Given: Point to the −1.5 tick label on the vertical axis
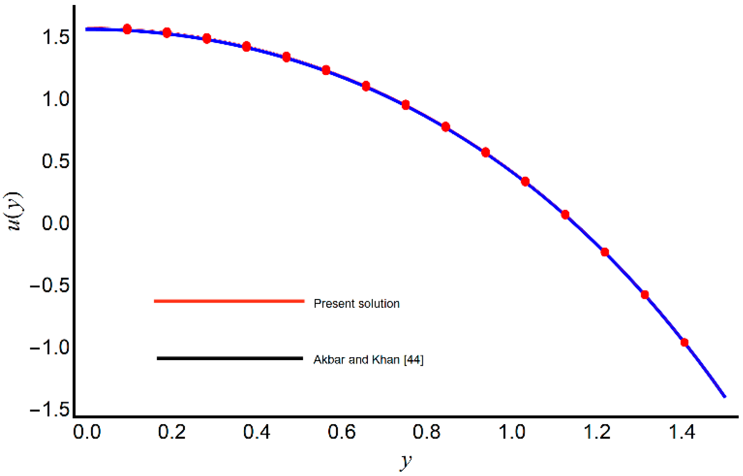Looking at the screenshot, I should click(x=50, y=410).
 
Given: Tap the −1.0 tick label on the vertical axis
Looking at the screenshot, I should click(x=50, y=347).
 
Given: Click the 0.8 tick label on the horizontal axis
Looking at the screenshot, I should click(x=427, y=432).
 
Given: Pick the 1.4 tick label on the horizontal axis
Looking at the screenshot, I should click(x=682, y=432).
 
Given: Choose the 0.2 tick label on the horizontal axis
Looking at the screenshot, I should click(x=172, y=432).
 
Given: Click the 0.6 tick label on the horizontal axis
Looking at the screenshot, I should click(x=342, y=432).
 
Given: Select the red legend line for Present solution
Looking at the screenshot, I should click(x=229, y=301).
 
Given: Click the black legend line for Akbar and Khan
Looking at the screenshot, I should click(x=230, y=358).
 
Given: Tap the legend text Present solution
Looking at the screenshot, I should click(x=357, y=304).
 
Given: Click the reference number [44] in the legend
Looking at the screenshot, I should click(x=414, y=360).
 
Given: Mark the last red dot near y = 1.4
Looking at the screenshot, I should click(x=684, y=342).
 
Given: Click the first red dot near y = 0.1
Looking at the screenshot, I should click(x=127, y=29).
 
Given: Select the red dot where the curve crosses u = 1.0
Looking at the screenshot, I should click(x=406, y=105).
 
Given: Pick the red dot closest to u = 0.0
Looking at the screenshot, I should click(x=565, y=214).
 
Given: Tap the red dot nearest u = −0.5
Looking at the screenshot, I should click(x=645, y=295).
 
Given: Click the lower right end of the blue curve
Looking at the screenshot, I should click(x=724, y=396).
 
